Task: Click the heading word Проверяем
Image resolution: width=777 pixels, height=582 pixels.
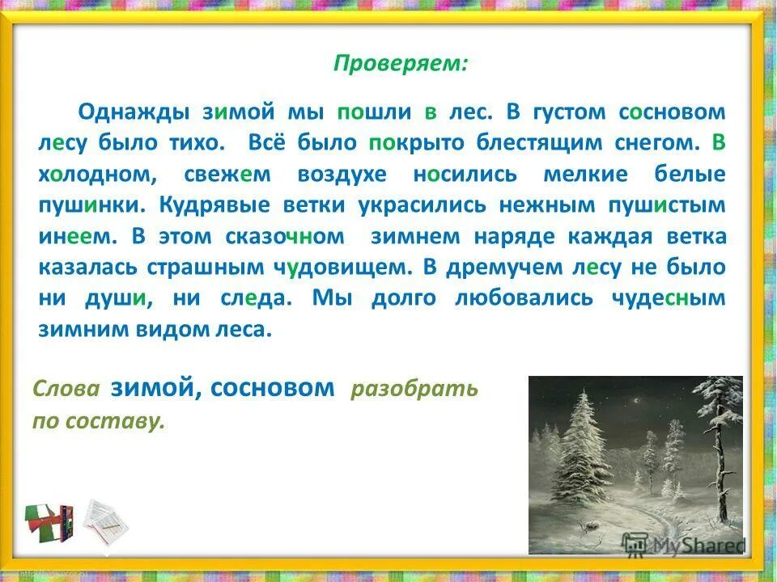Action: coord(400,65)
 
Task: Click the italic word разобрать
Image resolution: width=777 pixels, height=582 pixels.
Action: coord(414,390)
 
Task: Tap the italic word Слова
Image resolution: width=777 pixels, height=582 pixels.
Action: coord(66,390)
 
